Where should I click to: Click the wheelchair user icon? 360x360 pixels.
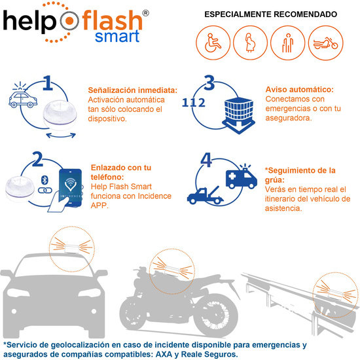[213, 43]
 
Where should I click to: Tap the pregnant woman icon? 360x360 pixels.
[250, 43]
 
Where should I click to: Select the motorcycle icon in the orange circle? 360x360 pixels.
[325, 43]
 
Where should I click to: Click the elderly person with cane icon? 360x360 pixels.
[288, 43]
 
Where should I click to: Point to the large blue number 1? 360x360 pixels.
[48, 83]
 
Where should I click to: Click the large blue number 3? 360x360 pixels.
[209, 82]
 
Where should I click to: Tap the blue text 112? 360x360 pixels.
[193, 103]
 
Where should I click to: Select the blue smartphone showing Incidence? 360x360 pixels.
[70, 188]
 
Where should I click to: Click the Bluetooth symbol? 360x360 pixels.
[45, 180]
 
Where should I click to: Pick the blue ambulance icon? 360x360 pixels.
[242, 176]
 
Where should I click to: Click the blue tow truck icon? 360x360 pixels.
[205, 195]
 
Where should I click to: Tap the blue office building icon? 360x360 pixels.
[238, 115]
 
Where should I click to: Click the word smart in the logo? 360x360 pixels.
[117, 37]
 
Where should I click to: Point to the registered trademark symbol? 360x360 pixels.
[145, 13]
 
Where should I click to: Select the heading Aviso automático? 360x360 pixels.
[299, 89]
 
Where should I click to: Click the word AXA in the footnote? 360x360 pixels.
[164, 354]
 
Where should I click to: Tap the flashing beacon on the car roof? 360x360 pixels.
[72, 249]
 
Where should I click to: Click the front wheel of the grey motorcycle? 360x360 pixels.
[215, 315]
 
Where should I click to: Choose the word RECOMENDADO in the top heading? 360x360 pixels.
[306, 14]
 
